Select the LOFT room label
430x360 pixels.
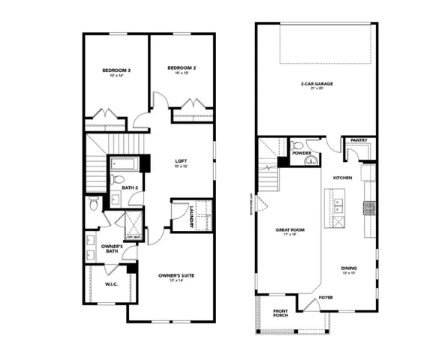[x=181, y=160]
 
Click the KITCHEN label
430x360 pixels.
[x=343, y=177]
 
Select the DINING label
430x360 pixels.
[x=348, y=268]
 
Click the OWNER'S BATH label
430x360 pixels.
[x=112, y=249]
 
